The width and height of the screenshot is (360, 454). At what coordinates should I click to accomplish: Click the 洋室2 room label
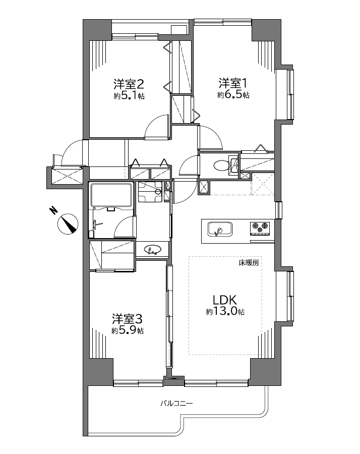[129, 84]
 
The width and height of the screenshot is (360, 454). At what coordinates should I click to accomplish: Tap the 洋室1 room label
[233, 83]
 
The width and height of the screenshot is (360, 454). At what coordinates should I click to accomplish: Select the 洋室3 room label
[128, 319]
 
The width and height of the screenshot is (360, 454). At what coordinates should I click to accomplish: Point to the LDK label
[225, 300]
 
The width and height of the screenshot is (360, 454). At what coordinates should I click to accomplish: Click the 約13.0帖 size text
[225, 312]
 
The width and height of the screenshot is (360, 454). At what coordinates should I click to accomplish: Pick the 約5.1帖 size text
[129, 96]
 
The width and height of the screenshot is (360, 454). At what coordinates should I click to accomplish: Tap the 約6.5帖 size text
[233, 95]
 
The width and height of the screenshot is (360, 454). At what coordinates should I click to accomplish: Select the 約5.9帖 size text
[128, 330]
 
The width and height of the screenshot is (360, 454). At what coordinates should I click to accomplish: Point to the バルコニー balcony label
[177, 403]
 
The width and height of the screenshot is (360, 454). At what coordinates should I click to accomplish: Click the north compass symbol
[68, 224]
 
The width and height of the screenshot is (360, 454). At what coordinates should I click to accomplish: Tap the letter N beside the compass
[53, 210]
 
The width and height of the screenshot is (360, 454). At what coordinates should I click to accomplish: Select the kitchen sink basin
[220, 229]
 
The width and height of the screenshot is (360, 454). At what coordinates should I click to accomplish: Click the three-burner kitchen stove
[260, 228]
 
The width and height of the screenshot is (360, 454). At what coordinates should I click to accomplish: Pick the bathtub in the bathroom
[112, 196]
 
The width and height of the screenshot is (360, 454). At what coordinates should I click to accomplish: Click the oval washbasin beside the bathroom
[152, 249]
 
